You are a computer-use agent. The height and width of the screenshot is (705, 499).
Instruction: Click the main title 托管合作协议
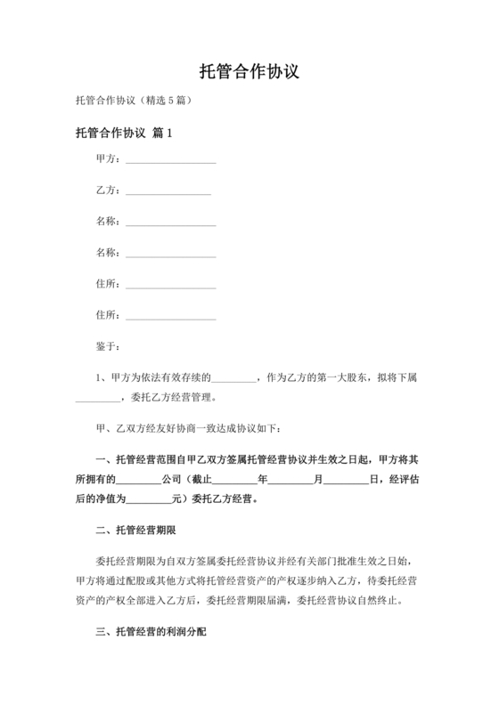click(249, 71)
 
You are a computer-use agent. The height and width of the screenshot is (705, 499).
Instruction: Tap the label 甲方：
click(108, 159)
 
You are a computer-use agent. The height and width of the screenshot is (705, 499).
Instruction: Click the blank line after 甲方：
click(171, 161)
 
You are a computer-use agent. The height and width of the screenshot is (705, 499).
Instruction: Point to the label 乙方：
click(108, 190)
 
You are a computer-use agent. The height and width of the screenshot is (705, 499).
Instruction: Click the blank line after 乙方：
click(168, 192)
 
